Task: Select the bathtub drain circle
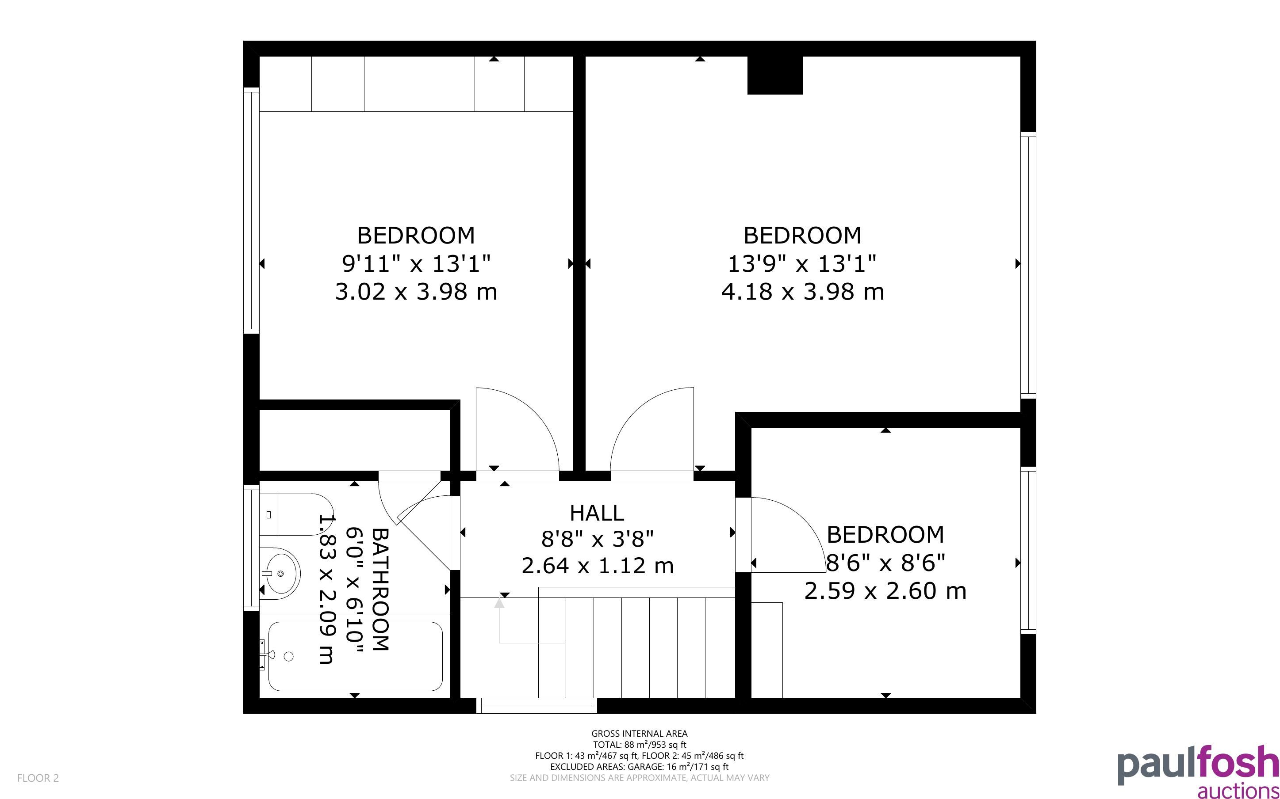pos(289,656)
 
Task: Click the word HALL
pos(597,513)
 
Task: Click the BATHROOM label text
pos(381,589)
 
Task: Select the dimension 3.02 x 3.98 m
pos(416,292)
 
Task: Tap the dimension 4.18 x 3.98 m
pos(803,292)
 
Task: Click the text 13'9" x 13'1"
pos(802,263)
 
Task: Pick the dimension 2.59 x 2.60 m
pos(885,590)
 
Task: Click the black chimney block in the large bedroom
pos(775,75)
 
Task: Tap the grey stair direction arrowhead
pos(499,602)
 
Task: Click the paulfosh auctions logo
pos(1198,772)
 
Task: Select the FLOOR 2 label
pos(38,778)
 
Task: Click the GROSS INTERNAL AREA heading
pos(639,734)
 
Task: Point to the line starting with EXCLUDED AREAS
pos(639,766)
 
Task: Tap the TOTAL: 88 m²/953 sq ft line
pos(639,745)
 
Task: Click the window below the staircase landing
pos(537,705)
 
